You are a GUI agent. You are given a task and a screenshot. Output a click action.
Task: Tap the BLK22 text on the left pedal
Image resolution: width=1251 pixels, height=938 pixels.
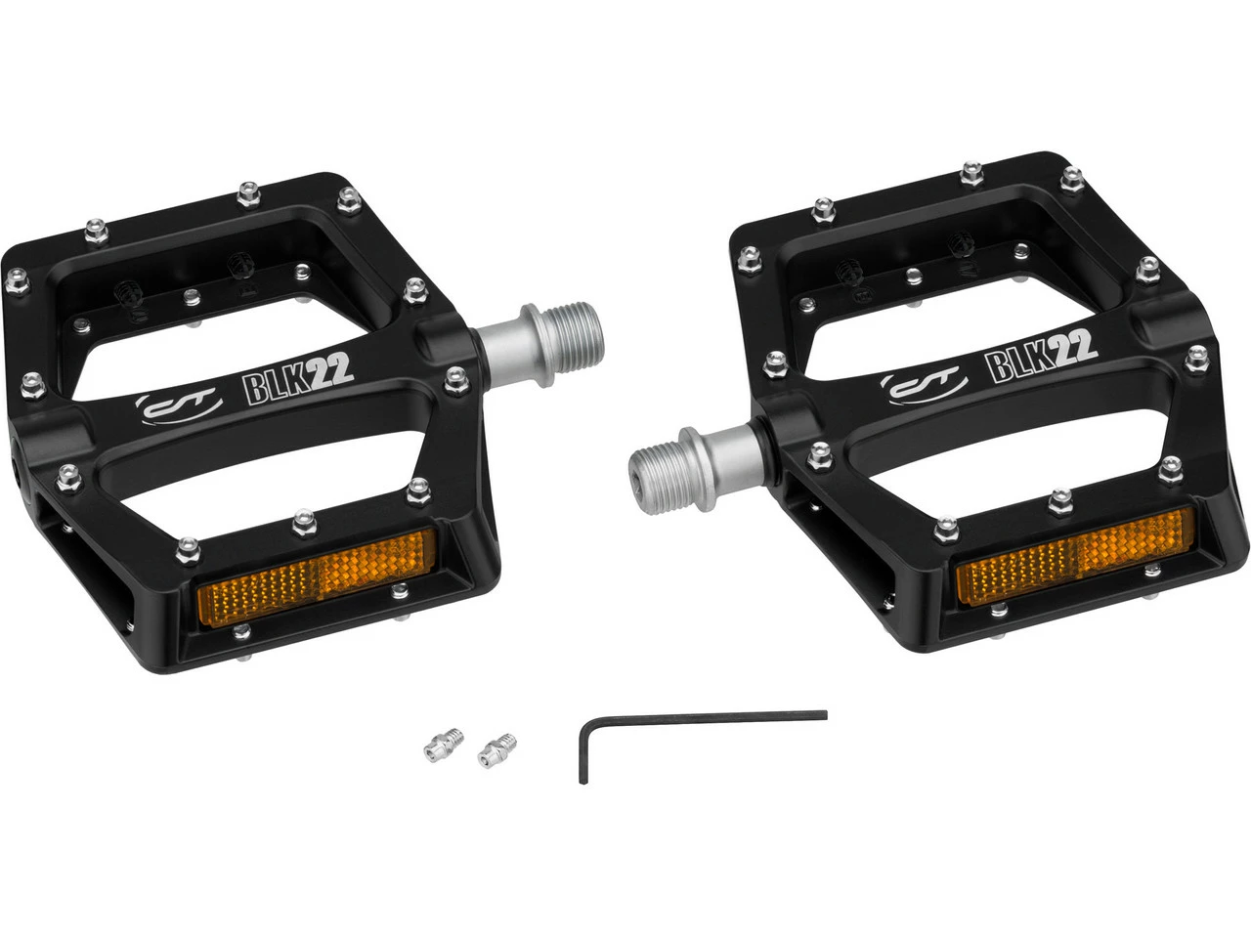click(297, 379)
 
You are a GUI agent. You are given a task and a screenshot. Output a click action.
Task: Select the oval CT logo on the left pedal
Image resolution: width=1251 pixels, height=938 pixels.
click(179, 406)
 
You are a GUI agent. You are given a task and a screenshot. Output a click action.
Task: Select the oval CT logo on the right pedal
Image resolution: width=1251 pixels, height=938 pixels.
click(924, 383)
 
